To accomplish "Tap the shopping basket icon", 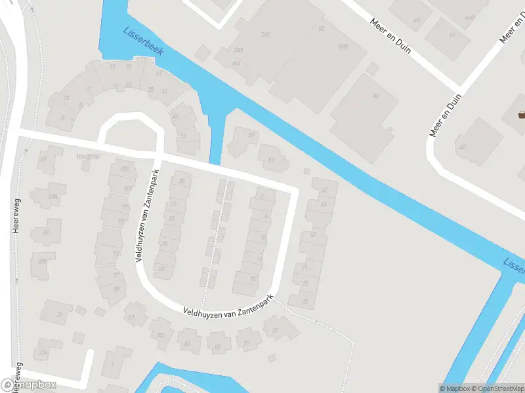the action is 522,115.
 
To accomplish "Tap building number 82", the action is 376,96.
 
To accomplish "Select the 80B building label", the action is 342,47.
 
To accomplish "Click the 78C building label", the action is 266,34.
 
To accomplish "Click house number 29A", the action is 52,195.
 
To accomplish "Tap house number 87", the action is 131,318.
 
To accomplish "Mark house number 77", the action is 276,329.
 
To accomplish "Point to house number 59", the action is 251,135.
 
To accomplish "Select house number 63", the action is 323,204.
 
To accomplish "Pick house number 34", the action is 182,181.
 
